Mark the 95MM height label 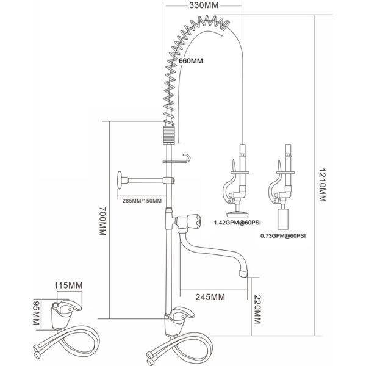point(36,312)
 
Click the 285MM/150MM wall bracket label point(142,201)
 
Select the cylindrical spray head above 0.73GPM point(283,218)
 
